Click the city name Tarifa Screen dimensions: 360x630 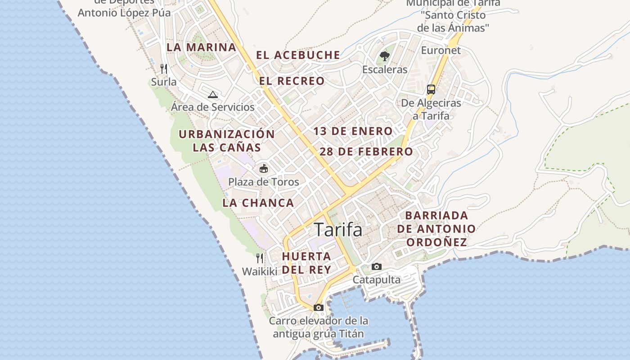click(338, 229)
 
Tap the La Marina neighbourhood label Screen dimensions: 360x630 click(201, 47)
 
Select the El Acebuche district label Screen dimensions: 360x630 click(298, 55)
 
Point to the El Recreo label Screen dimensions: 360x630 click(292, 81)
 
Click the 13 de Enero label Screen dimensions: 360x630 click(353, 131)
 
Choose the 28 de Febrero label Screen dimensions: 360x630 click(366, 152)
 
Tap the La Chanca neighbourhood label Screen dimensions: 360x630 click(258, 203)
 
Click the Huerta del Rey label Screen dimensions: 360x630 click(306, 263)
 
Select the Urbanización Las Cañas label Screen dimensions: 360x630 click(227, 140)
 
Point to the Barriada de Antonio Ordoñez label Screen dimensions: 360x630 click(436, 229)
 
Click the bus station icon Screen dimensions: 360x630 click(431, 89)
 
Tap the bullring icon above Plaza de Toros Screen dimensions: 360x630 click(264, 169)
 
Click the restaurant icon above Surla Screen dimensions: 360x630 click(164, 68)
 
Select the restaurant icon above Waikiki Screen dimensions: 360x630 click(260, 258)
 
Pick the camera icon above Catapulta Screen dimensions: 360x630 click(377, 266)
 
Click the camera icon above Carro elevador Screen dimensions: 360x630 click(319, 307)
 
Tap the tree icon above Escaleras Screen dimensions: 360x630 click(385, 56)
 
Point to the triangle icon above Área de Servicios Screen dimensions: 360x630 click(213, 94)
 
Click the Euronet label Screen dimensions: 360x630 click(441, 50)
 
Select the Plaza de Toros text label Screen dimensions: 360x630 click(264, 182)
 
